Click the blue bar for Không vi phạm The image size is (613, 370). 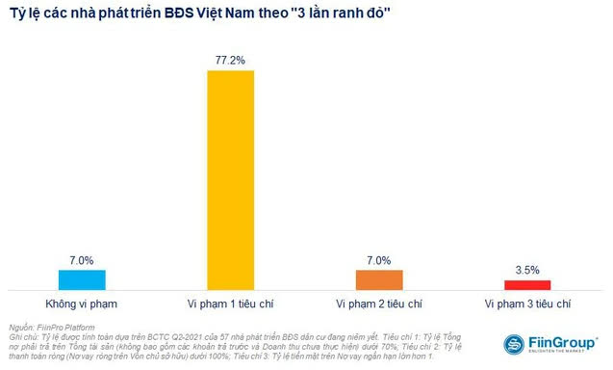pyautogui.click(x=82, y=279)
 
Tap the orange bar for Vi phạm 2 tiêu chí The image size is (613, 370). pyautogui.click(x=379, y=279)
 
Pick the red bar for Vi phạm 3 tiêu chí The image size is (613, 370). pyautogui.click(x=527, y=284)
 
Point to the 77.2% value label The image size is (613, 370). pyautogui.click(x=231, y=60)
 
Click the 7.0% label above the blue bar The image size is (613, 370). pyautogui.click(x=82, y=260)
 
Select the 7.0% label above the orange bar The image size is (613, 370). pyautogui.click(x=379, y=260)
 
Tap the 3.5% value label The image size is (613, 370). pyautogui.click(x=527, y=270)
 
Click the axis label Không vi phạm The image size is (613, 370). pyautogui.click(x=82, y=304)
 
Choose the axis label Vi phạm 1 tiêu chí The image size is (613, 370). pyautogui.click(x=231, y=304)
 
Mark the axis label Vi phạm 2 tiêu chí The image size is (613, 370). pyautogui.click(x=379, y=304)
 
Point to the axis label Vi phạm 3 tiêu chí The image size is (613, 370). pyautogui.click(x=527, y=304)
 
